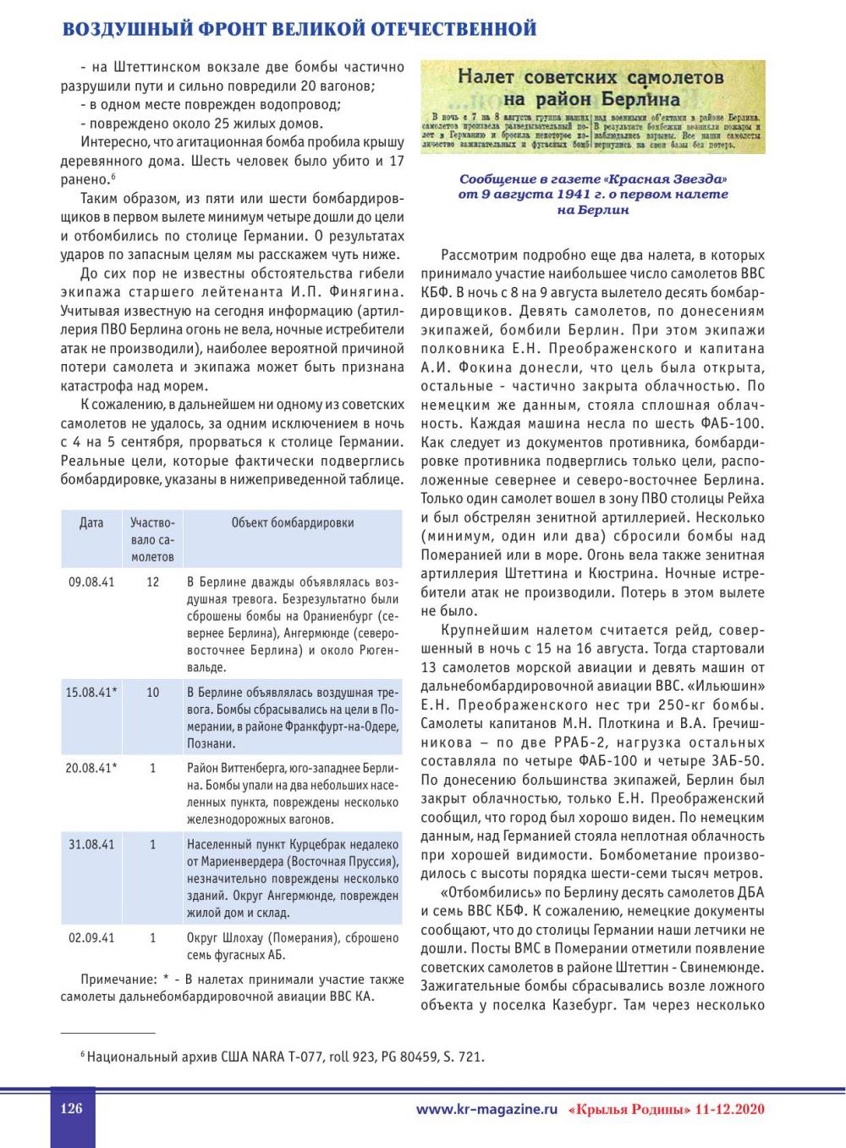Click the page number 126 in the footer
click(x=71, y=1107)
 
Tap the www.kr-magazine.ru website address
click(x=487, y=1108)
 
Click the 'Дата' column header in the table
click(x=91, y=523)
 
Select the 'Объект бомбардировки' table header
click(x=293, y=523)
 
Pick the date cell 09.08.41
click(x=91, y=582)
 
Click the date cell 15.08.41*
click(x=91, y=693)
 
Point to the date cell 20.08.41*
click(x=91, y=769)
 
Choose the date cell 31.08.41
click(x=91, y=845)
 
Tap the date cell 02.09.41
click(x=91, y=938)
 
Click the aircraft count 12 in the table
click(x=153, y=582)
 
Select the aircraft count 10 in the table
click(x=153, y=693)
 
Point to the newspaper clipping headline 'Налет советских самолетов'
click(x=591, y=76)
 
